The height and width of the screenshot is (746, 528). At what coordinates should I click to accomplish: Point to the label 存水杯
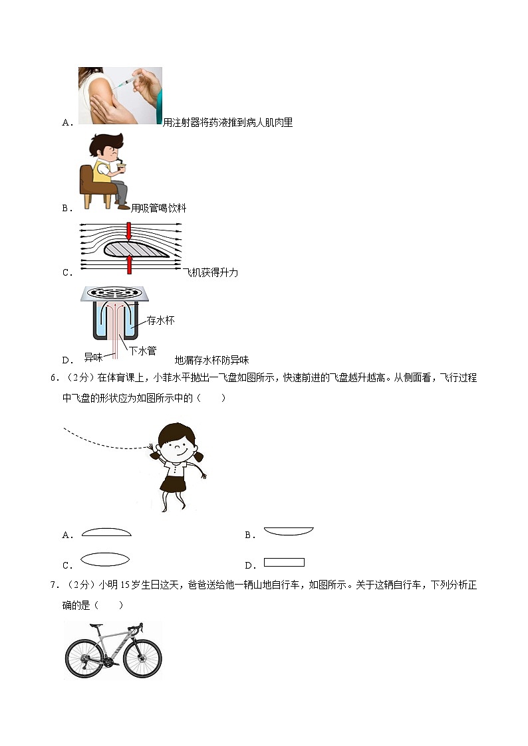point(160,321)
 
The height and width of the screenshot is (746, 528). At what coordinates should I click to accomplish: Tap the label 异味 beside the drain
point(93,357)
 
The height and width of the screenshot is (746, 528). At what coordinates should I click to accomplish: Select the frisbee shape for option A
point(106,533)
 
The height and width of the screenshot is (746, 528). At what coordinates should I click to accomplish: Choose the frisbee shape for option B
point(289,531)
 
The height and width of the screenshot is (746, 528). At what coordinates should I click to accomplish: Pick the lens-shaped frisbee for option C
point(104,559)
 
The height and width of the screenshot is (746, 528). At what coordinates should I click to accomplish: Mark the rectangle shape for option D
point(284,562)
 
